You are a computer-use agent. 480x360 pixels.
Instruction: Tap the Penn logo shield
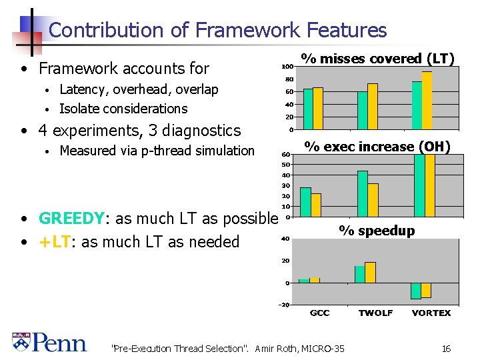[x=21, y=342]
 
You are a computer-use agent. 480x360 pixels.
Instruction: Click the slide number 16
[x=446, y=348]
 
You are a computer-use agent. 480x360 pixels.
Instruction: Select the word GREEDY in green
[x=71, y=219]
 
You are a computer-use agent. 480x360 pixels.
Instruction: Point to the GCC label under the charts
[x=319, y=313]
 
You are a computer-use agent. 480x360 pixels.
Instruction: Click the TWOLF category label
[x=375, y=313]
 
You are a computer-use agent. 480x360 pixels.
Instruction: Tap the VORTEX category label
[x=431, y=313]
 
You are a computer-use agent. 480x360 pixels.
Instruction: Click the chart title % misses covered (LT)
[x=377, y=59]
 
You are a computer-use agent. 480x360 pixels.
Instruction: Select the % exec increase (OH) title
[x=377, y=146]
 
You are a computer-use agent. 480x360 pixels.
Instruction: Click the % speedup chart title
[x=377, y=231]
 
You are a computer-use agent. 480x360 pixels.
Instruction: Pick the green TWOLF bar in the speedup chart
[x=359, y=274]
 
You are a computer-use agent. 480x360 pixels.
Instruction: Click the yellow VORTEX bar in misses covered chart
[x=427, y=100]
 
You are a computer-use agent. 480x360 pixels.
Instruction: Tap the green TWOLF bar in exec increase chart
[x=363, y=193]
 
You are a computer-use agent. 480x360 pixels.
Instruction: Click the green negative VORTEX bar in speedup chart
[x=416, y=291]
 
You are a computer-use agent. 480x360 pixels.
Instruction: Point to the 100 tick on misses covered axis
[x=286, y=67]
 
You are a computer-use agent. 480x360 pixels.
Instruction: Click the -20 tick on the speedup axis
[x=284, y=305]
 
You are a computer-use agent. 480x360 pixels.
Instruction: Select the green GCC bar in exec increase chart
[x=305, y=201]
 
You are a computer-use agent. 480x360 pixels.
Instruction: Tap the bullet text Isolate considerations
[x=123, y=109]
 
